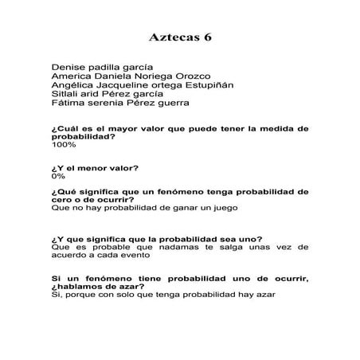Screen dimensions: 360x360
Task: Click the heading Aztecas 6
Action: coord(180,37)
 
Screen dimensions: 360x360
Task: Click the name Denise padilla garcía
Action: coord(102,66)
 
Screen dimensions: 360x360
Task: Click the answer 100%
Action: coord(63,145)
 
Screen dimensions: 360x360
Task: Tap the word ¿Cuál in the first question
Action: coord(65,127)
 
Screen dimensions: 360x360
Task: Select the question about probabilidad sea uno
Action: coord(156,239)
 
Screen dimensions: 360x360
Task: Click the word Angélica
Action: coord(74,84)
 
